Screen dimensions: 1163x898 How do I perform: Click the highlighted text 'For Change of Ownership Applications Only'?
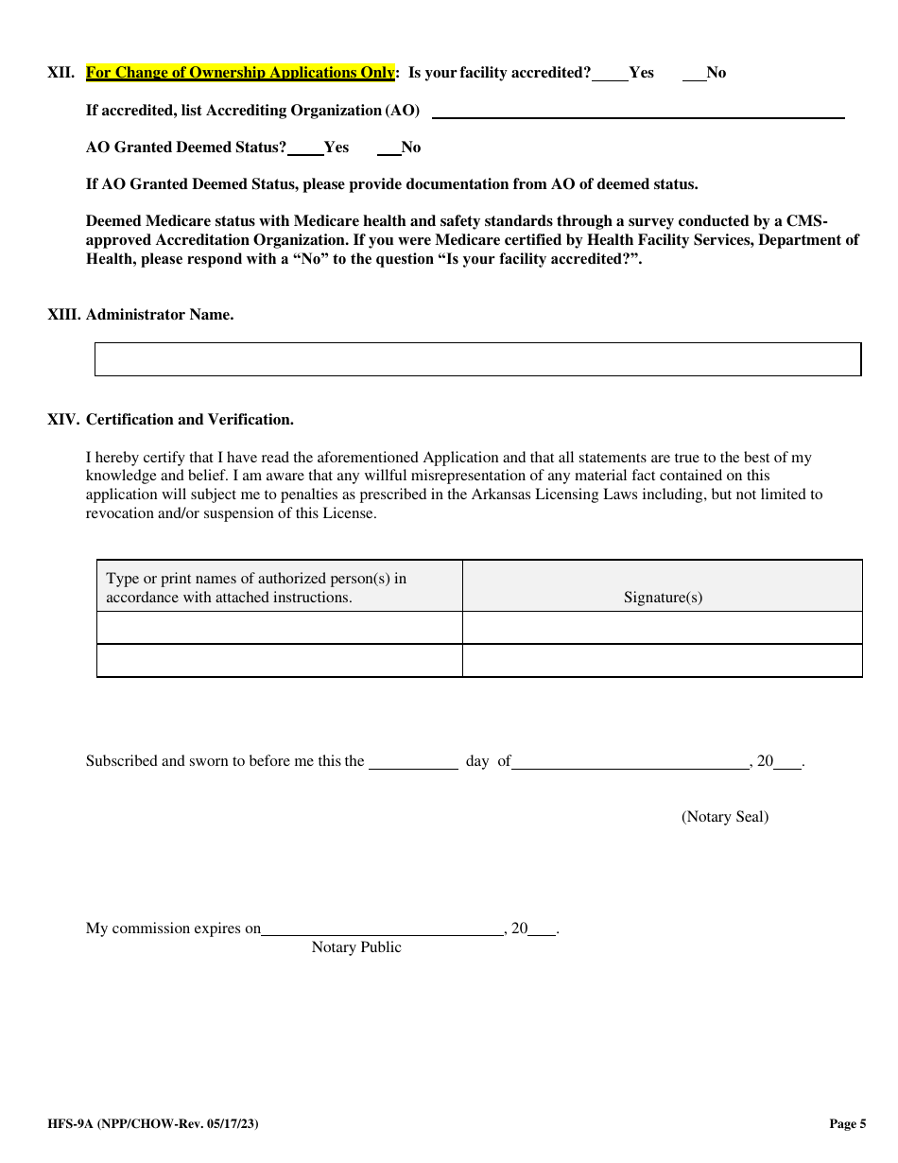(x=240, y=73)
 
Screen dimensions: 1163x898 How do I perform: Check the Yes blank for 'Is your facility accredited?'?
(x=611, y=75)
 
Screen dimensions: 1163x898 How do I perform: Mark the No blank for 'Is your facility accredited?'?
(x=694, y=75)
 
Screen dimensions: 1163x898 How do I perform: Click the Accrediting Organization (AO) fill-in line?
(x=638, y=112)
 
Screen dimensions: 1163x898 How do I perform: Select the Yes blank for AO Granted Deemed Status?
(x=305, y=148)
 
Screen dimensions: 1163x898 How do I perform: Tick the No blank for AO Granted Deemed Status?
(x=389, y=148)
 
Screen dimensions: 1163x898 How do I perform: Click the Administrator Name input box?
(x=477, y=359)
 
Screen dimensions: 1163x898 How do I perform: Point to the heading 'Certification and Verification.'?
(x=190, y=420)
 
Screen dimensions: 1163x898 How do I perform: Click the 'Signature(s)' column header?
(x=663, y=598)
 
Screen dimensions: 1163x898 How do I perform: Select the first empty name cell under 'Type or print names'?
(x=280, y=628)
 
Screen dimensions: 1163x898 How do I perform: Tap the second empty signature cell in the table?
(x=662, y=661)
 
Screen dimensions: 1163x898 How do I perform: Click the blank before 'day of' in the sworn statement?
(x=413, y=762)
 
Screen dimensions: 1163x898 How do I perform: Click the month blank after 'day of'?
(x=630, y=762)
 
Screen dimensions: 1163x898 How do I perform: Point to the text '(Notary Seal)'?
(x=725, y=817)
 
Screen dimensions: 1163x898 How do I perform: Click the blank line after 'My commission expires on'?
(x=382, y=929)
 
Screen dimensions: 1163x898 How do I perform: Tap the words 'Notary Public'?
(x=356, y=947)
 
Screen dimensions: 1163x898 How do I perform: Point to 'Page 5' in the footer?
(x=847, y=1124)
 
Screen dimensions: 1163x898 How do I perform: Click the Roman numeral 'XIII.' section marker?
(x=64, y=315)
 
